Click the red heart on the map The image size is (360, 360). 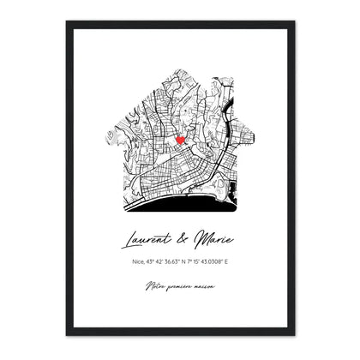180,139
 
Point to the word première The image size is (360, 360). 179,285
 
